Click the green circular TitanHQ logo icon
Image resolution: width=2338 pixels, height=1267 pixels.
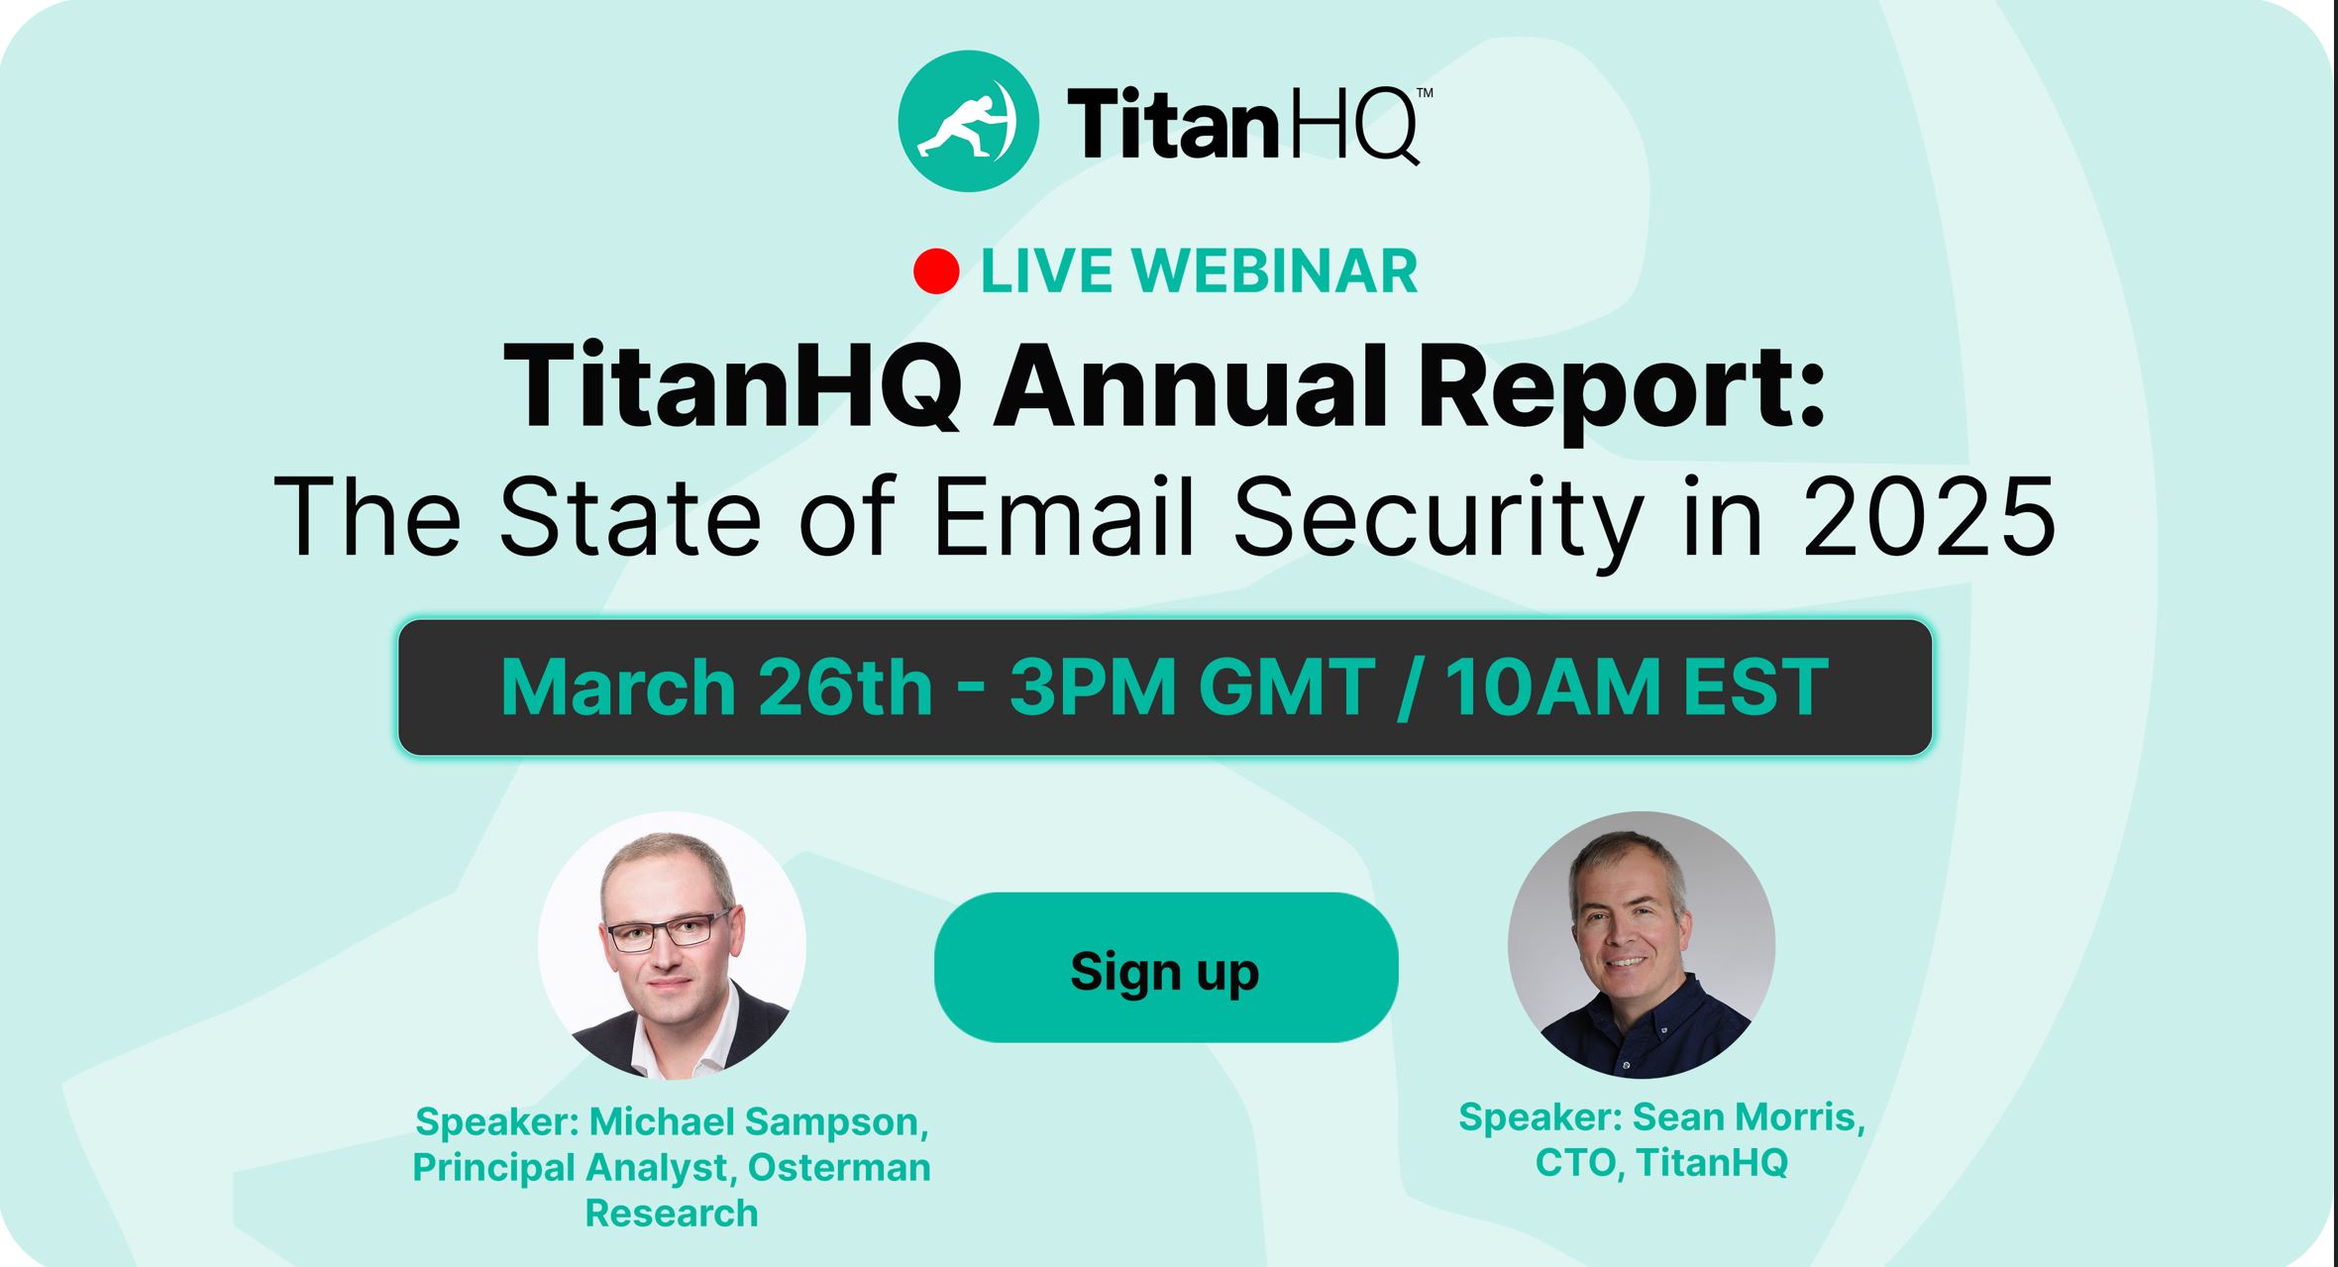click(x=968, y=121)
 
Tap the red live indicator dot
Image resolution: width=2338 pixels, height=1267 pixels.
click(x=936, y=271)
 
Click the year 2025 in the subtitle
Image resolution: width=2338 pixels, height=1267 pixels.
click(x=1929, y=516)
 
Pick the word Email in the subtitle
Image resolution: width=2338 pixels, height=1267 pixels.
click(x=1065, y=515)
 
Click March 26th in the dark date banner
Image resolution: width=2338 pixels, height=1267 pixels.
click(x=717, y=686)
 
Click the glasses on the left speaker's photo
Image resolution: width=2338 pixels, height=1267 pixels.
click(x=671, y=930)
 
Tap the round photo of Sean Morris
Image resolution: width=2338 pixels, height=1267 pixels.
click(x=1642, y=945)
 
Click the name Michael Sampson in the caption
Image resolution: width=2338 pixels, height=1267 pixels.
click(x=759, y=1121)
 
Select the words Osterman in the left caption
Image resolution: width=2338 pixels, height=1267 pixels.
click(x=839, y=1167)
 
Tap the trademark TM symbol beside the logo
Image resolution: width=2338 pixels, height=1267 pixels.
click(x=1425, y=93)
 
